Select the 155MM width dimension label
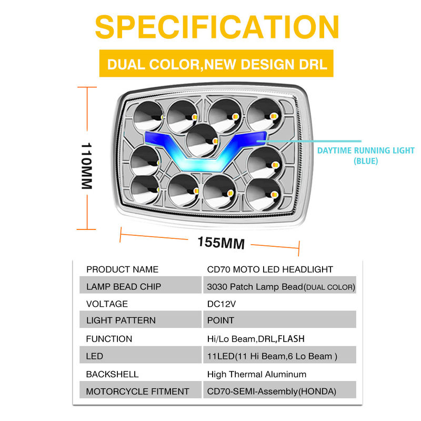(221, 243)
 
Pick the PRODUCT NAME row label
(122, 269)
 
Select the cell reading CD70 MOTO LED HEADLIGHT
(270, 269)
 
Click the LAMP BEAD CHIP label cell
(124, 287)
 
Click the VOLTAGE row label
(107, 304)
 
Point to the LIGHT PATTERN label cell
(121, 320)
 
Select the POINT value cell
(221, 320)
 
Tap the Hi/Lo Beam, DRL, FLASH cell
(256, 338)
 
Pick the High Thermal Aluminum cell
(257, 374)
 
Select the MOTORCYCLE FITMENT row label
(137, 392)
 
